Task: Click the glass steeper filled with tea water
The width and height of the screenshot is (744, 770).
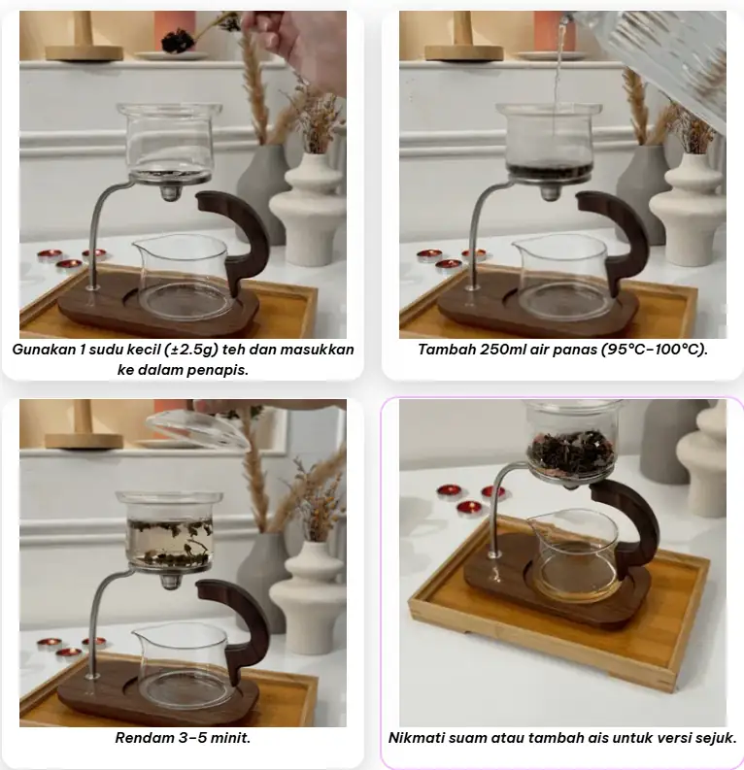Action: (169, 533)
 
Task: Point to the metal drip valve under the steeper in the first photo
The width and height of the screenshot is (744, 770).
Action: (169, 192)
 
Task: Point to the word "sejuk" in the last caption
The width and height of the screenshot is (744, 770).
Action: (717, 738)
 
